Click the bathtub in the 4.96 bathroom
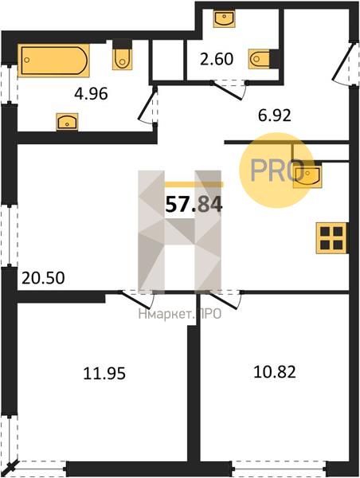coord(53,61)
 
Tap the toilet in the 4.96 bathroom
coord(122,56)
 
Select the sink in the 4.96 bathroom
coord(67,122)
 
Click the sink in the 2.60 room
coord(224,18)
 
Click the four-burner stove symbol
coord(331,237)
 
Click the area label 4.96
coord(91,94)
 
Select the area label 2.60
coord(217,59)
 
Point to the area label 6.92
coord(274,116)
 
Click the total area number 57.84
coord(194,205)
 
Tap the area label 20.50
coord(43,278)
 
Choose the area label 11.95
coord(104,374)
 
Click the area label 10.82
coord(275,372)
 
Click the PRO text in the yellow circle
coord(277,170)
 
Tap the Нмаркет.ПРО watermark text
coord(180,314)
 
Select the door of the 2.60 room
coord(229,89)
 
